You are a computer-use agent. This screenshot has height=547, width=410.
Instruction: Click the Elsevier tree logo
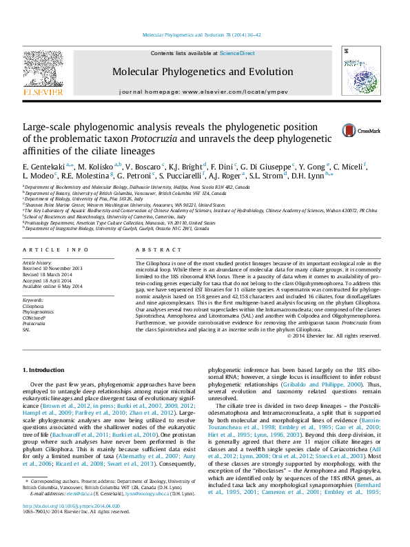tap(43, 72)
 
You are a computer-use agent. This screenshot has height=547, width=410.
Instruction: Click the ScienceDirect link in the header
tap(237, 53)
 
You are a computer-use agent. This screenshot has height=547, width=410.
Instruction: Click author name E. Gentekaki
tap(45, 167)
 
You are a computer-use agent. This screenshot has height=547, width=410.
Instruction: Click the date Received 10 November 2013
tap(62, 268)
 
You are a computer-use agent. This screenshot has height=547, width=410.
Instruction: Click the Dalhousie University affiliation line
tap(138, 187)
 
